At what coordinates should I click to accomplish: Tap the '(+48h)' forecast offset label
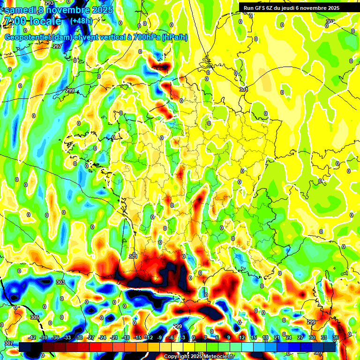(x=81, y=21)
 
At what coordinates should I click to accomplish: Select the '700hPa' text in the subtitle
(x=145, y=37)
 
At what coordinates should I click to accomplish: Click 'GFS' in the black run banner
(x=260, y=8)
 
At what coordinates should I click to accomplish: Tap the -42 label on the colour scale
(x=32, y=337)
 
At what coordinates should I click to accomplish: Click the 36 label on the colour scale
(x=336, y=337)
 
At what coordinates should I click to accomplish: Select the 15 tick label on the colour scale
(x=253, y=337)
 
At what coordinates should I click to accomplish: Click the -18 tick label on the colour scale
(x=126, y=337)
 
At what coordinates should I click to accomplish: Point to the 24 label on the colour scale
(x=288, y=337)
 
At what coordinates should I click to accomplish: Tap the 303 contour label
(x=60, y=283)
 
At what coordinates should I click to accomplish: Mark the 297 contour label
(x=57, y=46)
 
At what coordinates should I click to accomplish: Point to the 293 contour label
(x=49, y=3)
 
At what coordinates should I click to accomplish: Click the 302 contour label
(x=330, y=22)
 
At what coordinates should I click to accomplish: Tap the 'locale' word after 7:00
(x=44, y=21)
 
